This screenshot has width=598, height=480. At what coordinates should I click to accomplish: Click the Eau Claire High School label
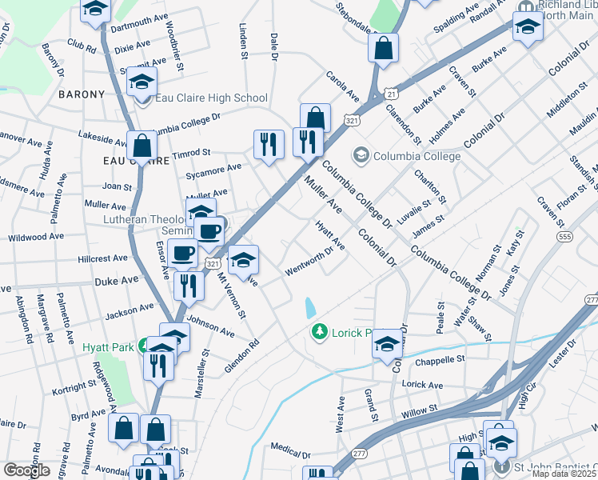pyautogui.click(x=211, y=98)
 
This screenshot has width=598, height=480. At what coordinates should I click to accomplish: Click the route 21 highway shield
pyautogui.click(x=391, y=94)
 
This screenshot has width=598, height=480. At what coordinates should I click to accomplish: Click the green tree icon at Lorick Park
pyautogui.click(x=320, y=331)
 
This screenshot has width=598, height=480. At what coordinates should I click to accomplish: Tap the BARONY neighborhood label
pyautogui.click(x=82, y=94)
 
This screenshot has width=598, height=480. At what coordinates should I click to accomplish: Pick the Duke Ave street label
pyautogui.click(x=117, y=282)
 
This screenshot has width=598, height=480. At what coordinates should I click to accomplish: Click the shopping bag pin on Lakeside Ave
pyautogui.click(x=142, y=146)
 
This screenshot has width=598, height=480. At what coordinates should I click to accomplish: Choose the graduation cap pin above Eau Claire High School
pyautogui.click(x=142, y=82)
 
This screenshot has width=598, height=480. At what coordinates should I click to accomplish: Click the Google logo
pyautogui.click(x=26, y=470)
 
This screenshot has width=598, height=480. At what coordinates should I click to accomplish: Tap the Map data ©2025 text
pyautogui.click(x=563, y=474)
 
